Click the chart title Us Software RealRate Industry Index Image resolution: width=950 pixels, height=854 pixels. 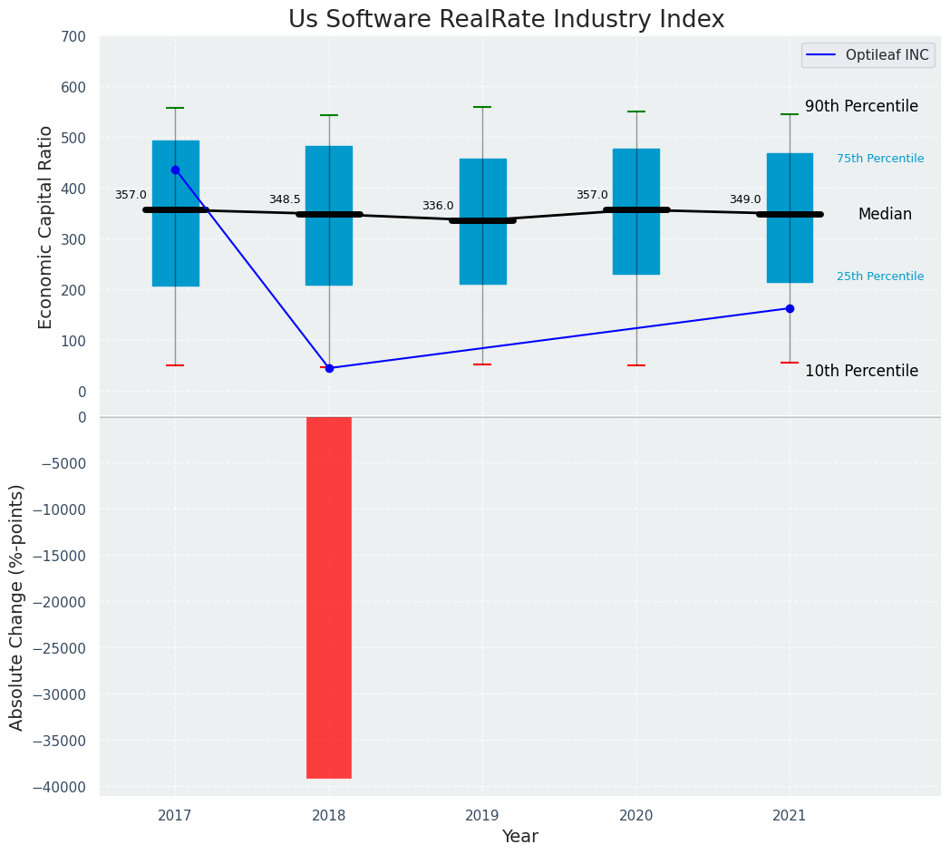pos(506,20)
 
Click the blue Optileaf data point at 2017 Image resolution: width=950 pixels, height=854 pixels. pos(175,170)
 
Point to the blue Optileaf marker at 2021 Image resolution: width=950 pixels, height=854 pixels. pos(790,308)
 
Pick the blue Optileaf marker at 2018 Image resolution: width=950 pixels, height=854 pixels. pos(329,368)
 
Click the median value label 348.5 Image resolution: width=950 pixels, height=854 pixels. pos(284,199)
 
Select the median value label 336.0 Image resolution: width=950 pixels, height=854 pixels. pos(438,206)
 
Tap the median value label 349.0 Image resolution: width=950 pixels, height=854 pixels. pos(745,199)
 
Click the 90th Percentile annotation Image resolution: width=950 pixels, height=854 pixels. pos(861,106)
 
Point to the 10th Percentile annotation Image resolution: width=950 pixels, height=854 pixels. pos(861,371)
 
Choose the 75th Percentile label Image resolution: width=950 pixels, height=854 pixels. pos(879,159)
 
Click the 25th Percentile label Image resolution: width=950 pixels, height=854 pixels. pos(879,277)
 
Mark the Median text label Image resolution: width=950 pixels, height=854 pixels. pos(885,215)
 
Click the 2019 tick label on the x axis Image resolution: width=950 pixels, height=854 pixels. pos(482,816)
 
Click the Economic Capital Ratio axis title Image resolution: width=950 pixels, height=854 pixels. pos(46,227)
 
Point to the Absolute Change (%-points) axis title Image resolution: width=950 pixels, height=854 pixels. pos(17,607)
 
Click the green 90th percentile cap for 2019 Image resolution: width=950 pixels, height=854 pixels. pos(482,107)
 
